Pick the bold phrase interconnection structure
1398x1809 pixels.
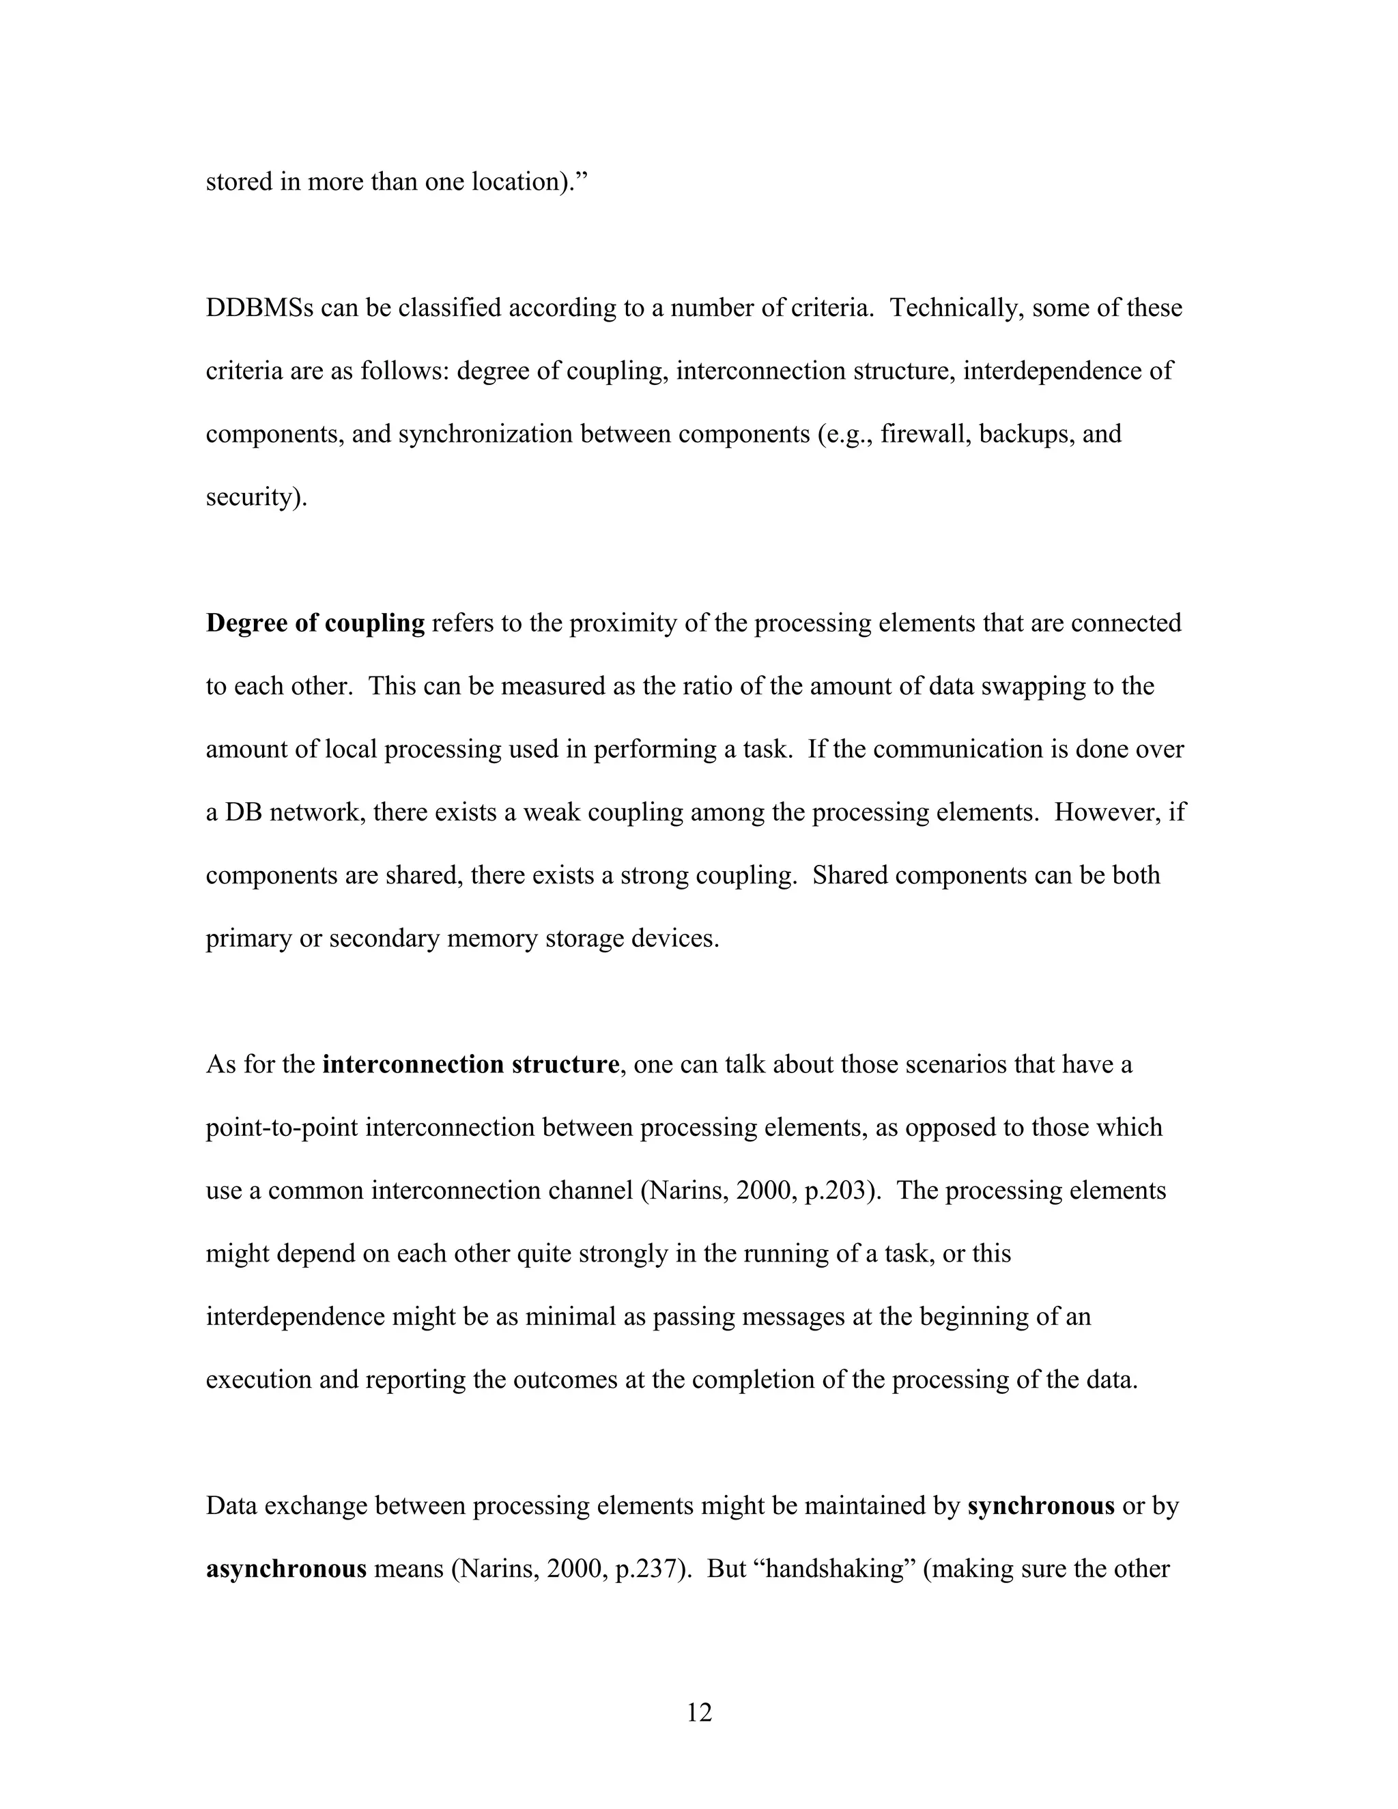click(470, 1064)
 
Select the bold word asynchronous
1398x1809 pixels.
click(286, 1569)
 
